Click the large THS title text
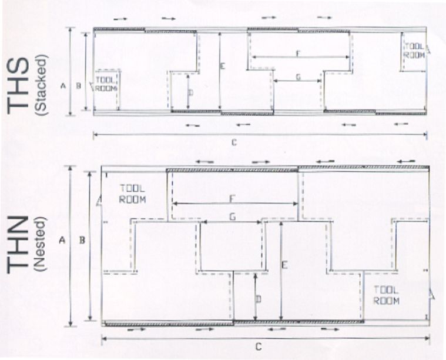click(x=18, y=86)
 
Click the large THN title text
click(x=18, y=245)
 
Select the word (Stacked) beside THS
click(x=40, y=85)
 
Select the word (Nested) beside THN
click(x=40, y=244)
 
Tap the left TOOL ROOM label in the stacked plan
click(x=106, y=84)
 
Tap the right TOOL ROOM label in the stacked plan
click(x=414, y=51)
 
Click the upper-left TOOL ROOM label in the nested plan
click(x=133, y=194)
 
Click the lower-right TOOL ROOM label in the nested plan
click(x=386, y=295)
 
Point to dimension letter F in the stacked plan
click(x=298, y=53)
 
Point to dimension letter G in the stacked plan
click(x=298, y=77)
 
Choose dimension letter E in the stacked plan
click(x=223, y=66)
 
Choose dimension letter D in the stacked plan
click(x=191, y=93)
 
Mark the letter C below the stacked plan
click(x=234, y=142)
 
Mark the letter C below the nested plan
click(x=259, y=347)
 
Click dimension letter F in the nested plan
click(x=232, y=198)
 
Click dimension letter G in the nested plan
click(x=233, y=217)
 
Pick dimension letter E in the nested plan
click(x=284, y=265)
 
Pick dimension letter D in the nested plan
click(x=259, y=299)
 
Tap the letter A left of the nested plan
click(x=62, y=241)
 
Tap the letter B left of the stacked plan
click(x=79, y=85)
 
